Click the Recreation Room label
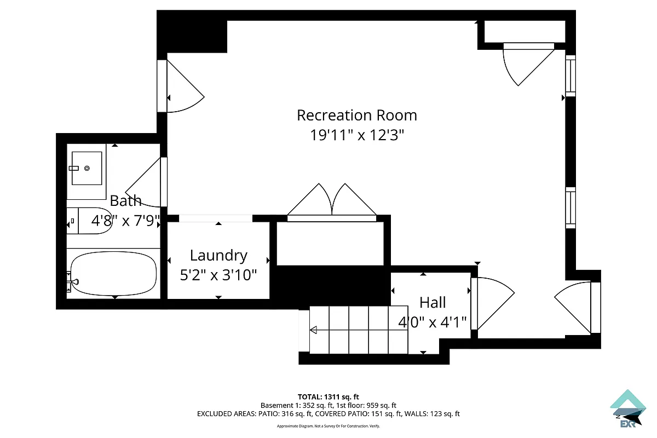tap(356, 116)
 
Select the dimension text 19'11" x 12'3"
tap(356, 135)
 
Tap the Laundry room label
tap(218, 255)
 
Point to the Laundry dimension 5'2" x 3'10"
tap(218, 274)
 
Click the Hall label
tap(433, 302)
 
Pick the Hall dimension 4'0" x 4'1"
tap(433, 322)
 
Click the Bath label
tap(125, 200)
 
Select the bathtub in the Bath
tap(114, 274)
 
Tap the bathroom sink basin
tap(87, 168)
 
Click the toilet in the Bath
tap(90, 221)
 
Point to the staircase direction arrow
tap(314, 330)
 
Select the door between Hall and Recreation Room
tap(491, 304)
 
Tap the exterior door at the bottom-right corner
tap(575, 307)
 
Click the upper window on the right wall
tap(570, 76)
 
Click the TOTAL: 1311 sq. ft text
tap(328, 397)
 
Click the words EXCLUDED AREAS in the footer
tap(224, 414)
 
